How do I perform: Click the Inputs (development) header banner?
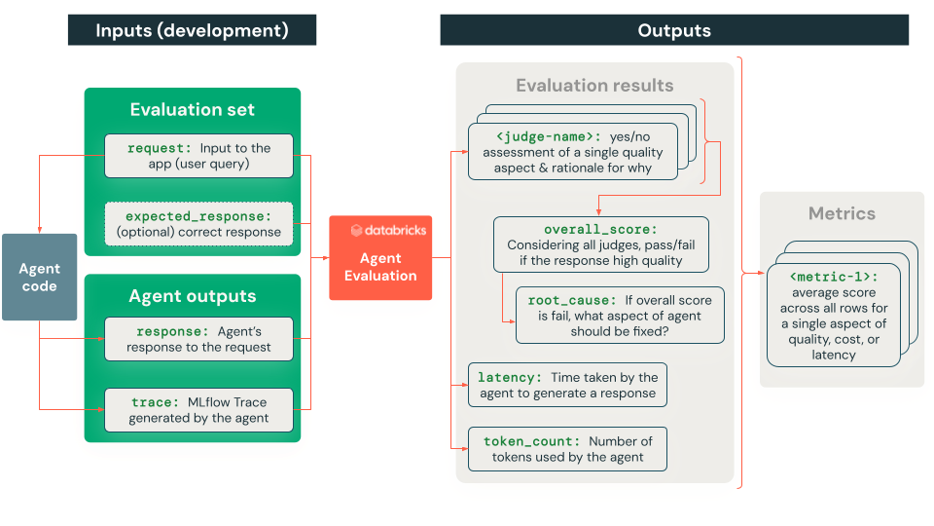point(192,30)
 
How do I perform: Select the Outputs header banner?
point(674,30)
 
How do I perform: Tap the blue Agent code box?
point(39,277)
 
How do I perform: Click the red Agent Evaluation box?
point(380,258)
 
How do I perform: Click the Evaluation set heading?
point(192,110)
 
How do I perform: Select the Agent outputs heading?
point(192,296)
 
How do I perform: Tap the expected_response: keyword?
point(198,215)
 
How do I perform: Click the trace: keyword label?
point(155,401)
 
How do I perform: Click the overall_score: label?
point(600,230)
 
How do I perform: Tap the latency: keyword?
point(510,377)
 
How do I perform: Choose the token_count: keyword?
point(531,441)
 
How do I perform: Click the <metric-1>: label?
point(833,277)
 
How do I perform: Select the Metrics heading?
point(842,213)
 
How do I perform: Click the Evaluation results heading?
point(594,86)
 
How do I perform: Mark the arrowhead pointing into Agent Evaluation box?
point(325,258)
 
